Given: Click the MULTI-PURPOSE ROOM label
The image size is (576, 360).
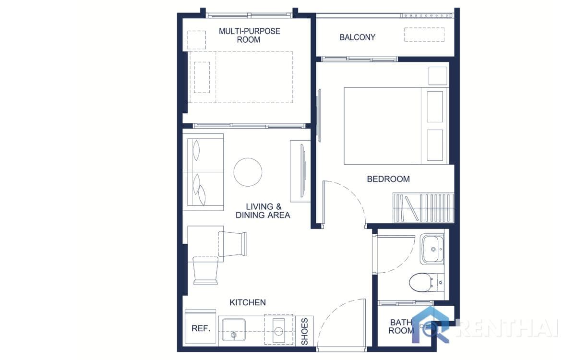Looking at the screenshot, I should [249, 35].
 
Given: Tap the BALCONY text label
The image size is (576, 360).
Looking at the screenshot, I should [357, 37].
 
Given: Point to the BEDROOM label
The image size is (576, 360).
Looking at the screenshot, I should [388, 179].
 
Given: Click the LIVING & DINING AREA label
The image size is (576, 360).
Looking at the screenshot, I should [263, 211].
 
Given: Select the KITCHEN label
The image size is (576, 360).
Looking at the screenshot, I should [247, 302].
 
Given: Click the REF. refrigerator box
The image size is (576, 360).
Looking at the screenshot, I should [200, 328].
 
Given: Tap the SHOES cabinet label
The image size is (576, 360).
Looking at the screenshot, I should [304, 331].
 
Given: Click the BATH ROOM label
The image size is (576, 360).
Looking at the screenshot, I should [401, 327].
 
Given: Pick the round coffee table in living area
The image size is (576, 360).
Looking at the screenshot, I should [248, 172].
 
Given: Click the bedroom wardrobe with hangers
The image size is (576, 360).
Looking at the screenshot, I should [422, 207].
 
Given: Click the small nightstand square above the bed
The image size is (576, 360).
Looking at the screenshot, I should [437, 76].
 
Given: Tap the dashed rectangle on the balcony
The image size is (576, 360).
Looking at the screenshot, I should [424, 35].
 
